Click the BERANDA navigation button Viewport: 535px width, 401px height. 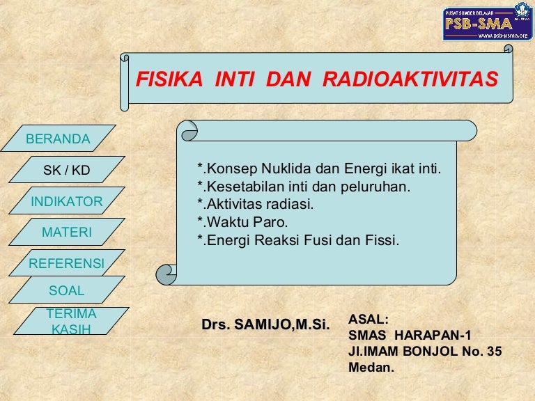(59, 138)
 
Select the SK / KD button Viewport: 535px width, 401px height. (67, 169)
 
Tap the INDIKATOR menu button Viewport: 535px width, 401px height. (67, 200)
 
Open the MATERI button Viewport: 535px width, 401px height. (67, 232)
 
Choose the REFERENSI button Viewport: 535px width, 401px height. (67, 263)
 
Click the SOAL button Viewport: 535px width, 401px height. (67, 290)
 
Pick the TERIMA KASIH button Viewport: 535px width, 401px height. (71, 321)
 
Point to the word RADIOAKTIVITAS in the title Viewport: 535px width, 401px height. (410, 79)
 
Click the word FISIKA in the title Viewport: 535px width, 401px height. (169, 79)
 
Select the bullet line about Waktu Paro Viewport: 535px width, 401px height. (242, 222)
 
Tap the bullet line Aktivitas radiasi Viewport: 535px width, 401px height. (255, 204)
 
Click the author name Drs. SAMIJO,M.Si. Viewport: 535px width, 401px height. (266, 324)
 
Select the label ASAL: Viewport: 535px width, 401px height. (369, 320)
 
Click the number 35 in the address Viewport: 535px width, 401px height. (495, 351)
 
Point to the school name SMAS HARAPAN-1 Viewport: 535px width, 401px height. (410, 335)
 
